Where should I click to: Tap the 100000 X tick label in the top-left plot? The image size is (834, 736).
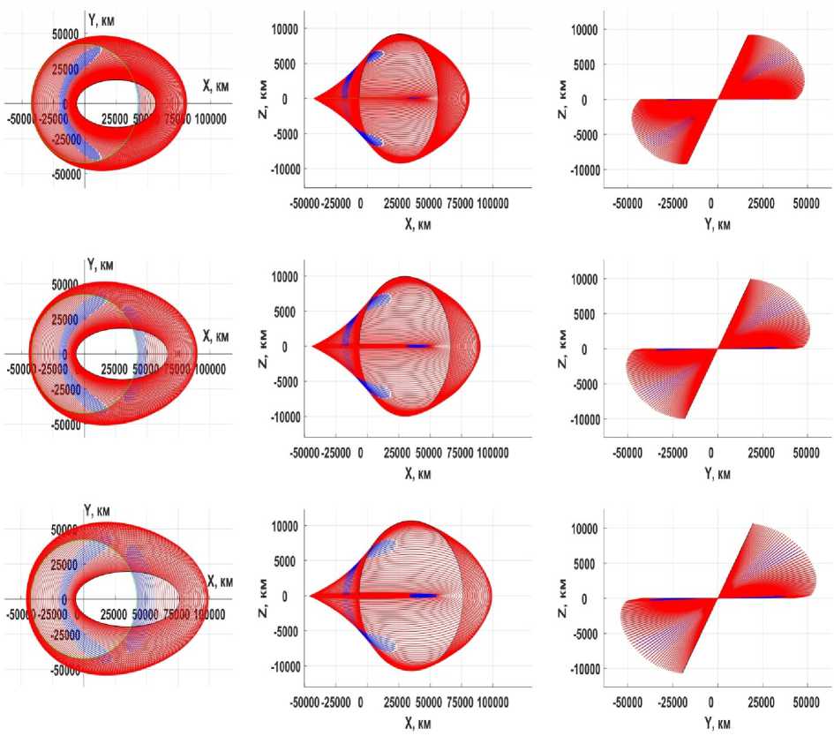209,118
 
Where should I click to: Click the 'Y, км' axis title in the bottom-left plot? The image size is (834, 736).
99,510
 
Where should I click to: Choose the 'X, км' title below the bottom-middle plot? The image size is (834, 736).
411,723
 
